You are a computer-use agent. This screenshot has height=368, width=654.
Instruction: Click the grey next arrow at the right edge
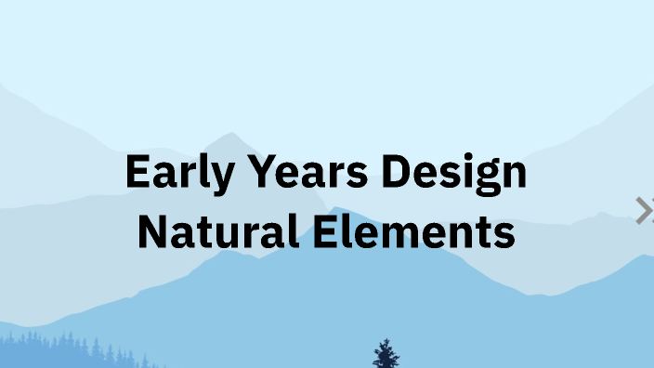[645, 211]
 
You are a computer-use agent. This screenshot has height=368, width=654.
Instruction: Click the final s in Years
[348, 177]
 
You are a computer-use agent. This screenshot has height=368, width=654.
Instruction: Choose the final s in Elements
[504, 233]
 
